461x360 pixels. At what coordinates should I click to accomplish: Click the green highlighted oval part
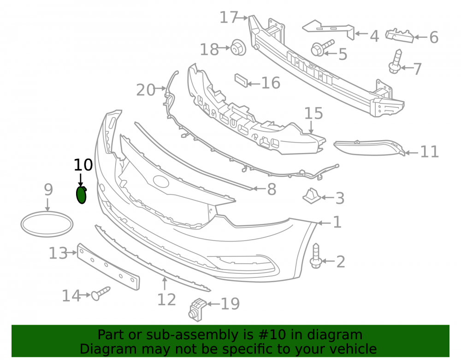click(x=81, y=195)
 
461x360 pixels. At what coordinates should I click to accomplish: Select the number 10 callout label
click(x=83, y=165)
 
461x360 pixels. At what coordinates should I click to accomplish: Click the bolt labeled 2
click(x=315, y=256)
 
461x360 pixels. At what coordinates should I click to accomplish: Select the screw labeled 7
click(x=396, y=61)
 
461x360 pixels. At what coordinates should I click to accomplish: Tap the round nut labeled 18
click(x=238, y=47)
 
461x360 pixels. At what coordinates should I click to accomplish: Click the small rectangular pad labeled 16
click(x=241, y=81)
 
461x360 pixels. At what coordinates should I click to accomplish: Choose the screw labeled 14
click(x=100, y=294)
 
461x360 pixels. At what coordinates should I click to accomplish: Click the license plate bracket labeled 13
click(x=108, y=266)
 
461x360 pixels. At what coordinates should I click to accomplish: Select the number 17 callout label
click(x=229, y=18)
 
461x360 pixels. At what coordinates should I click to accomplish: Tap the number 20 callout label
click(x=146, y=90)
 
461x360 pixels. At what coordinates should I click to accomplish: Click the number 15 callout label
click(x=313, y=113)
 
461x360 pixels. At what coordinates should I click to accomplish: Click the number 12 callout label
click(x=167, y=300)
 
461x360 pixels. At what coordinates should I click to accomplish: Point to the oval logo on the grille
click(x=161, y=182)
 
